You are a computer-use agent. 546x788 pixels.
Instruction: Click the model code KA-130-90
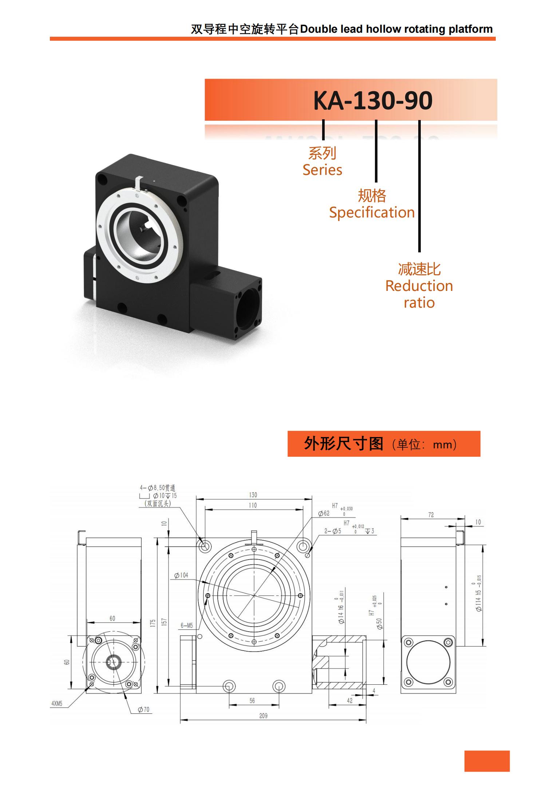coord(373,100)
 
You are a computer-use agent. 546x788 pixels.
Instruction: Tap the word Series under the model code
coord(322,170)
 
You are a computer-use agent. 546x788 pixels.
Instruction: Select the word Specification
coord(372,212)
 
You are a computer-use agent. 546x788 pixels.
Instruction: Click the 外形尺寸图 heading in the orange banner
coord(344,444)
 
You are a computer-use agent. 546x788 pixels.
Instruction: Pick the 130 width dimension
coord(253,495)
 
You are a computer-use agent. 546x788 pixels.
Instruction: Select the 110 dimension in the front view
coord(253,505)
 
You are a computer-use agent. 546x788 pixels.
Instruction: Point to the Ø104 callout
coord(181,575)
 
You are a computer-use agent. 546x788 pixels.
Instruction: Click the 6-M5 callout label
coord(187,626)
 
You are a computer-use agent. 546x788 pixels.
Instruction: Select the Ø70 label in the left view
coord(143,709)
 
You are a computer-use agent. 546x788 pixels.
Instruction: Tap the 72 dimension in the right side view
coord(431,515)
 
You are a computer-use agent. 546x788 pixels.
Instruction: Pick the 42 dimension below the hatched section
coord(349,701)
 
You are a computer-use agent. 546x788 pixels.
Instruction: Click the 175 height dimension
coord(153,623)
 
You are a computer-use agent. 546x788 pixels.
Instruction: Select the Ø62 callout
coord(324,513)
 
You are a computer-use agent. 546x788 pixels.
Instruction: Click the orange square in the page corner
coord(487,761)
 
